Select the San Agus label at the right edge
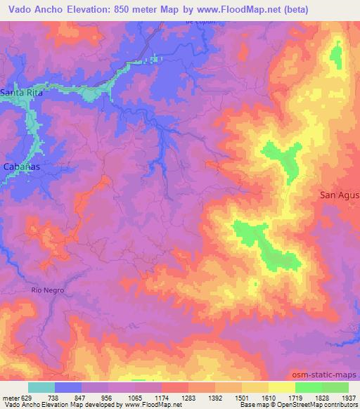(339, 195)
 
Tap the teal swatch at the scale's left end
(41, 387)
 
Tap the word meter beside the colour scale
(9, 397)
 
